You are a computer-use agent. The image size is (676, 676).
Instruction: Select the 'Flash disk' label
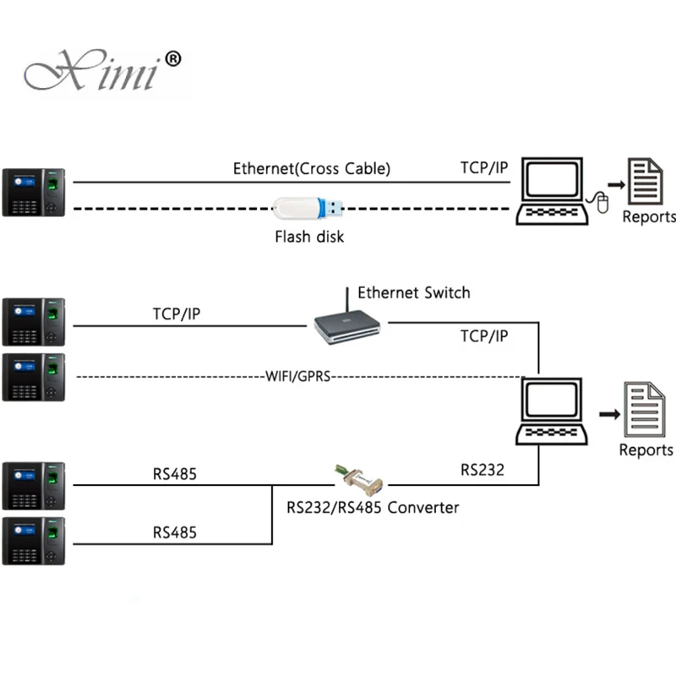click(309, 237)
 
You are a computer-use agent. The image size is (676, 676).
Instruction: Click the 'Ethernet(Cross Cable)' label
click(312, 168)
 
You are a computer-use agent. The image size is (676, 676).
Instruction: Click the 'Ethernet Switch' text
click(414, 292)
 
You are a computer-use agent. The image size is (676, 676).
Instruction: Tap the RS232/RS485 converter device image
click(360, 479)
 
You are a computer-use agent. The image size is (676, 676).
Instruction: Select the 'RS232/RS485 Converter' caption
click(373, 508)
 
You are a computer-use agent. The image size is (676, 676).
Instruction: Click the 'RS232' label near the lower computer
click(482, 470)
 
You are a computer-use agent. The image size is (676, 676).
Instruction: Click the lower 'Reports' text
click(646, 450)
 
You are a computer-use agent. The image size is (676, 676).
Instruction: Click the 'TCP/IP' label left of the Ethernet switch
click(177, 314)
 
